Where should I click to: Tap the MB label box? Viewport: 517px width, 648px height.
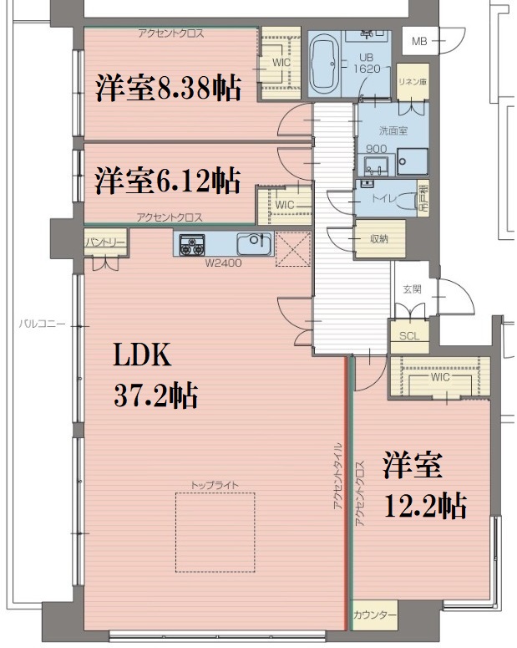419,40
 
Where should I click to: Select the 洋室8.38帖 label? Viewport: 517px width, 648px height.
167,87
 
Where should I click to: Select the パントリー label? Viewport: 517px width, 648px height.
104,242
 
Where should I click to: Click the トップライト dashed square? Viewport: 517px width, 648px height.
214,532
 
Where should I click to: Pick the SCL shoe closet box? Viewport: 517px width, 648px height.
408,336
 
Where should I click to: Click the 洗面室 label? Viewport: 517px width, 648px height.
393,130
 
